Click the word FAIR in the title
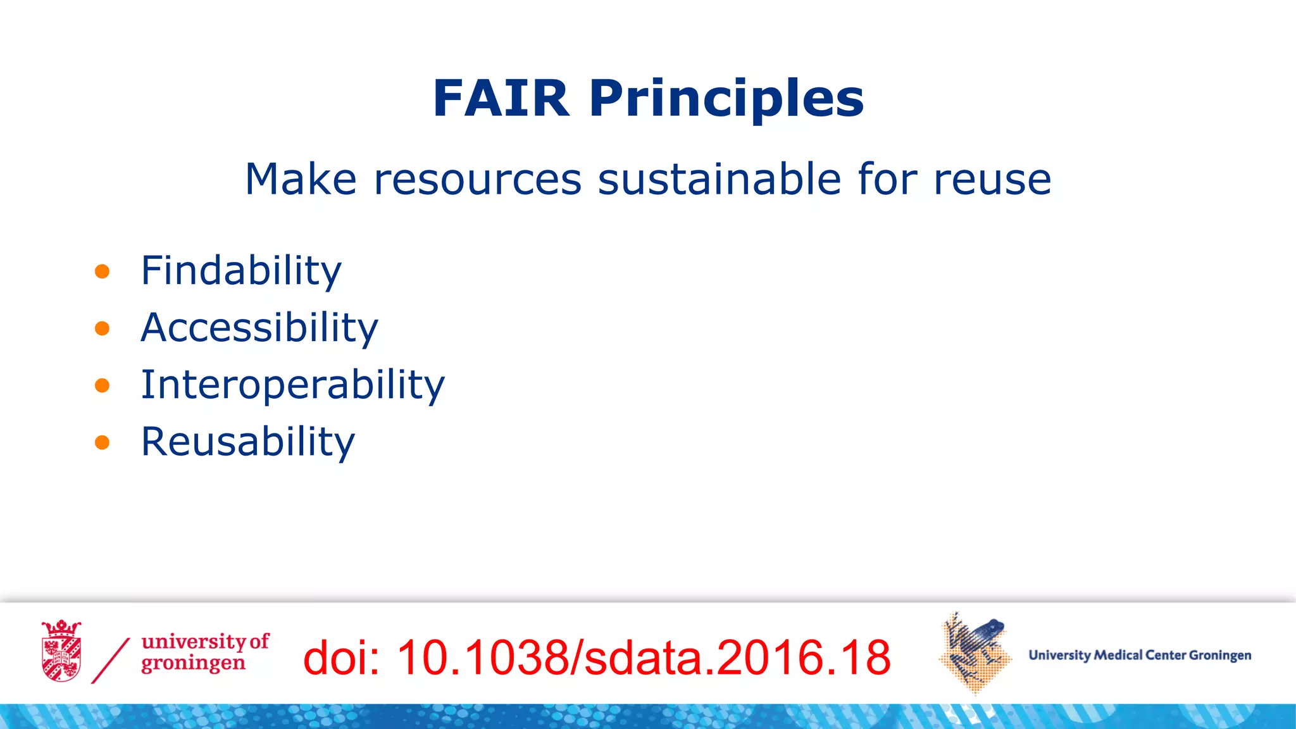tap(501, 99)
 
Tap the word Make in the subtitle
tap(301, 179)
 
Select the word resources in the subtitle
tap(477, 179)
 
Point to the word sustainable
tap(719, 179)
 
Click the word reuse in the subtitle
tap(992, 179)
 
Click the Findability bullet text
tap(240, 271)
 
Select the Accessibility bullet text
tap(259, 328)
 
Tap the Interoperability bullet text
tap(292, 385)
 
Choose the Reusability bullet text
tap(247, 442)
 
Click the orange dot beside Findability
tap(102, 272)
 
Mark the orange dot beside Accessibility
tap(102, 328)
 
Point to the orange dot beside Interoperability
tap(102, 385)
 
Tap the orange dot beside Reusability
tap(102, 442)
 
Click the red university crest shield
tap(61, 652)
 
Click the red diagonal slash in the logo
tap(111, 661)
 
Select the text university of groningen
tap(204, 652)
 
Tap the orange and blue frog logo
tap(975, 652)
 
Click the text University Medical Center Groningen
tap(1140, 655)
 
